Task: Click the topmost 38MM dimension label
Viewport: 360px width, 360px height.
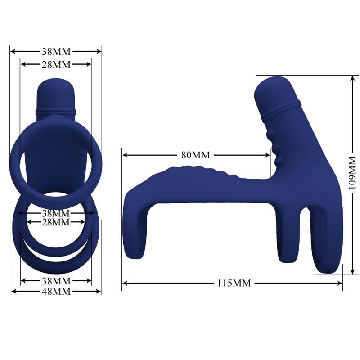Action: (56, 51)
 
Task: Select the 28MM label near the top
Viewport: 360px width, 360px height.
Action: (56, 64)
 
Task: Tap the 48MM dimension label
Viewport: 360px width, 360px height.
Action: (56, 291)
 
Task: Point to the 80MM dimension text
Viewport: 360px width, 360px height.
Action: (196, 155)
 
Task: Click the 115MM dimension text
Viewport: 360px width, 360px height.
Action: (234, 283)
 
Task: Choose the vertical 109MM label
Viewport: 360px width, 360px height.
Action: (352, 173)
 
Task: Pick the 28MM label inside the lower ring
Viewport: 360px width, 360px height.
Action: (56, 222)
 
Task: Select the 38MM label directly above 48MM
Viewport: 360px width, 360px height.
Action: (56, 281)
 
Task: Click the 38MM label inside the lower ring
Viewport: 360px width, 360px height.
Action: (56, 212)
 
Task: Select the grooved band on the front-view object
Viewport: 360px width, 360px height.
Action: (55, 109)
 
